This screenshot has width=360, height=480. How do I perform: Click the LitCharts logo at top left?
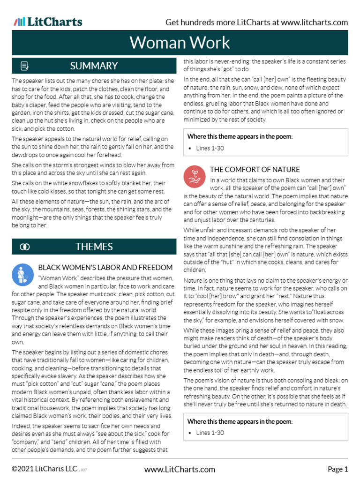point(48,22)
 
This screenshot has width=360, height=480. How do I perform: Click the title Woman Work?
point(180,43)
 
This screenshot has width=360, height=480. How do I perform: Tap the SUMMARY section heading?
point(94,66)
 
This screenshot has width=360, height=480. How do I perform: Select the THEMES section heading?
point(94,247)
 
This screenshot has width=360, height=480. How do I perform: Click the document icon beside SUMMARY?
point(25,66)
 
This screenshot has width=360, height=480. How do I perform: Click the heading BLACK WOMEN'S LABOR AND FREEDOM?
point(105,268)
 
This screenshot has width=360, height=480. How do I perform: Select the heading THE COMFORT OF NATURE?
point(255,169)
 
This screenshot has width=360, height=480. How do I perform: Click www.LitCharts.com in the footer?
point(180,469)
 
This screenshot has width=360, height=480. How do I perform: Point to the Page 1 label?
point(337,469)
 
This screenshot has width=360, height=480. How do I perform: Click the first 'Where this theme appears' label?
point(240,136)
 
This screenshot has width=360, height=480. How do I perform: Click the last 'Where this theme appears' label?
point(240,421)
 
